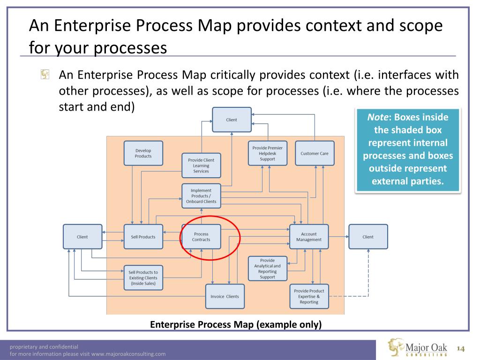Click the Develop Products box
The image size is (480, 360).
[x=143, y=153]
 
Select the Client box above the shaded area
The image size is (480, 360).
[x=232, y=120]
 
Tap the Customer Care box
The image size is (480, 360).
[x=315, y=153]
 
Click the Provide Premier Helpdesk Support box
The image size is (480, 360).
[x=267, y=153]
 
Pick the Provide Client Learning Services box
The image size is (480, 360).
[x=201, y=165]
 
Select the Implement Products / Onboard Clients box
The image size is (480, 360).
[x=201, y=196]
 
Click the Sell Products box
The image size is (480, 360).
[x=143, y=237]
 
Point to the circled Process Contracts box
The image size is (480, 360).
[x=201, y=237]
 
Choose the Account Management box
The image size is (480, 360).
[x=309, y=237]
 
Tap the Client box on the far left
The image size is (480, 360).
[x=82, y=237]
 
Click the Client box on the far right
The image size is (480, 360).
[x=368, y=237]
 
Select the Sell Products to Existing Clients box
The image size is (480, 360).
[x=143, y=278]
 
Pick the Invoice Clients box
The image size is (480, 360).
[x=225, y=296]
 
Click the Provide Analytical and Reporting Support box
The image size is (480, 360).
[x=267, y=269]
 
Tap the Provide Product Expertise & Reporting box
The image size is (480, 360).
[x=309, y=296]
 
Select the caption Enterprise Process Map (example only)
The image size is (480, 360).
[x=236, y=324]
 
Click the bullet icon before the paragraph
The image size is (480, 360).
[x=45, y=75]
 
